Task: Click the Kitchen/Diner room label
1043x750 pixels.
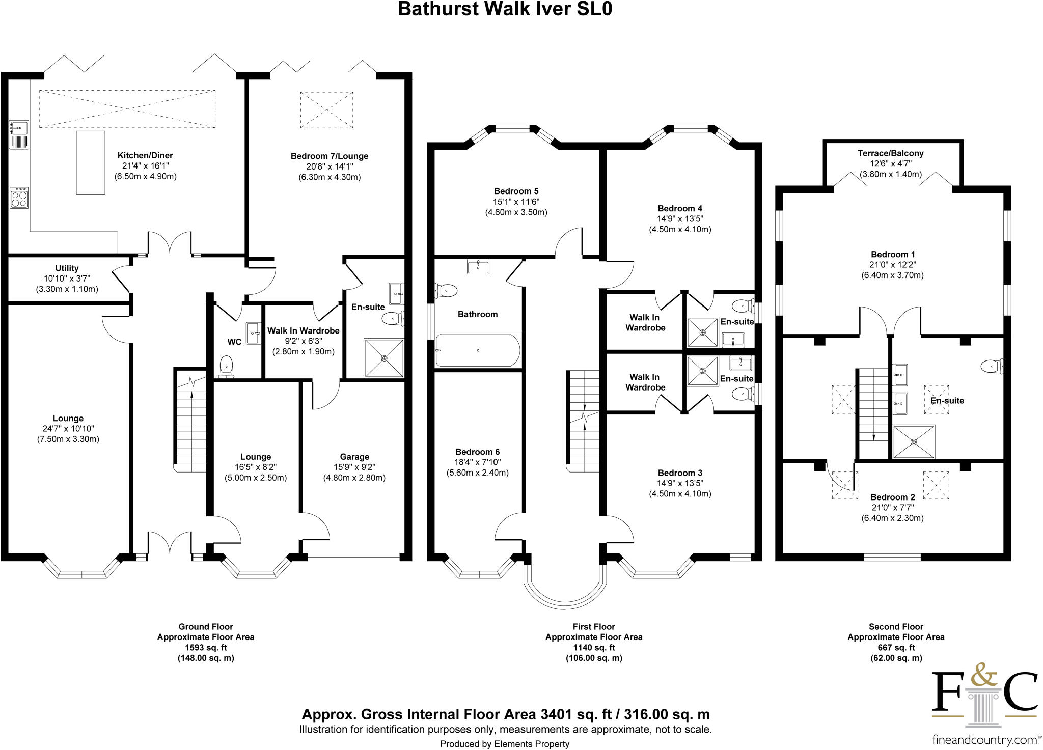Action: [x=145, y=156]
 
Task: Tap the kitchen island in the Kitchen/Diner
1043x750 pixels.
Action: [x=91, y=162]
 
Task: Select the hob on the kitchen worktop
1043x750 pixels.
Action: [x=19, y=198]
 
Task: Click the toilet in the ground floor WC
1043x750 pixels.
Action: [x=226, y=367]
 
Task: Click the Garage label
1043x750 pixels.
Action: [x=354, y=457]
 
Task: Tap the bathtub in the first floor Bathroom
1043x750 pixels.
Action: [x=478, y=350]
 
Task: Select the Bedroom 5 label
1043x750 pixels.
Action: [x=515, y=191]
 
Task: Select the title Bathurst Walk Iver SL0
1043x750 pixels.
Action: [x=504, y=10]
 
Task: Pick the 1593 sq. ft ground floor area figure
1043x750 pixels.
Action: [x=205, y=647]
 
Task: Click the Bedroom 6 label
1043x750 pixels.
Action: [x=477, y=452]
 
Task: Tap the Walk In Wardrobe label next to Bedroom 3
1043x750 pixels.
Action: [x=645, y=382]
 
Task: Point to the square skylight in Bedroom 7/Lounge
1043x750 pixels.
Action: [x=326, y=110]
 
